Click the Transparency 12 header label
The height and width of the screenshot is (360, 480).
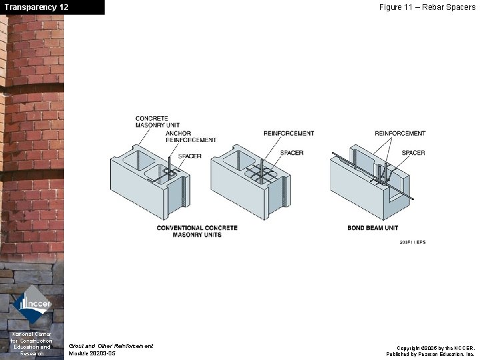pyautogui.click(x=36, y=7)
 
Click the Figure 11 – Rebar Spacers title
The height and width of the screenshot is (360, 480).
pyautogui.click(x=427, y=7)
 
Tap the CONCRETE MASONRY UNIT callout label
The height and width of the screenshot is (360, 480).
pyautogui.click(x=157, y=121)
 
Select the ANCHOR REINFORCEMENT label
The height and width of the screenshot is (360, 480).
pyautogui.click(x=191, y=137)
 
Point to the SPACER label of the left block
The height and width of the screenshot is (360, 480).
pyautogui.click(x=190, y=156)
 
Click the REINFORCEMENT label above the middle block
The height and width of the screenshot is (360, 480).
pyautogui.click(x=289, y=133)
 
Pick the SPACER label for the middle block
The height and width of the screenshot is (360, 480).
pyautogui.click(x=292, y=153)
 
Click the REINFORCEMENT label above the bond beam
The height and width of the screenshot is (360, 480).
pyautogui.click(x=400, y=133)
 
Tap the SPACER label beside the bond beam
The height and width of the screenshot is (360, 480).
pyautogui.click(x=413, y=153)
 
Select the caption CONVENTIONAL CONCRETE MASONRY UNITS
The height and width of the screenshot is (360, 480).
pyautogui.click(x=197, y=231)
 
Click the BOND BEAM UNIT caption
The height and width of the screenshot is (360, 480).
pyautogui.click(x=373, y=228)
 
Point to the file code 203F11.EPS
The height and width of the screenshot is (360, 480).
pyautogui.click(x=413, y=242)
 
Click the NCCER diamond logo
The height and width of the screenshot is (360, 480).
pyautogui.click(x=32, y=305)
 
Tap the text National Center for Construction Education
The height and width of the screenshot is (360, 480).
pyautogui.click(x=31, y=343)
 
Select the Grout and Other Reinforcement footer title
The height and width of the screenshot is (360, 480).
pyautogui.click(x=111, y=346)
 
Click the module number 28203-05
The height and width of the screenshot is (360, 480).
pyautogui.click(x=92, y=353)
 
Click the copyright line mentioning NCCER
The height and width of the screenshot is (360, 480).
pyautogui.click(x=435, y=348)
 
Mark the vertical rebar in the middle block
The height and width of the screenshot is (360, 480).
pyautogui.click(x=262, y=171)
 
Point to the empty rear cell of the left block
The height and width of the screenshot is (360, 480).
pyautogui.click(x=139, y=161)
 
